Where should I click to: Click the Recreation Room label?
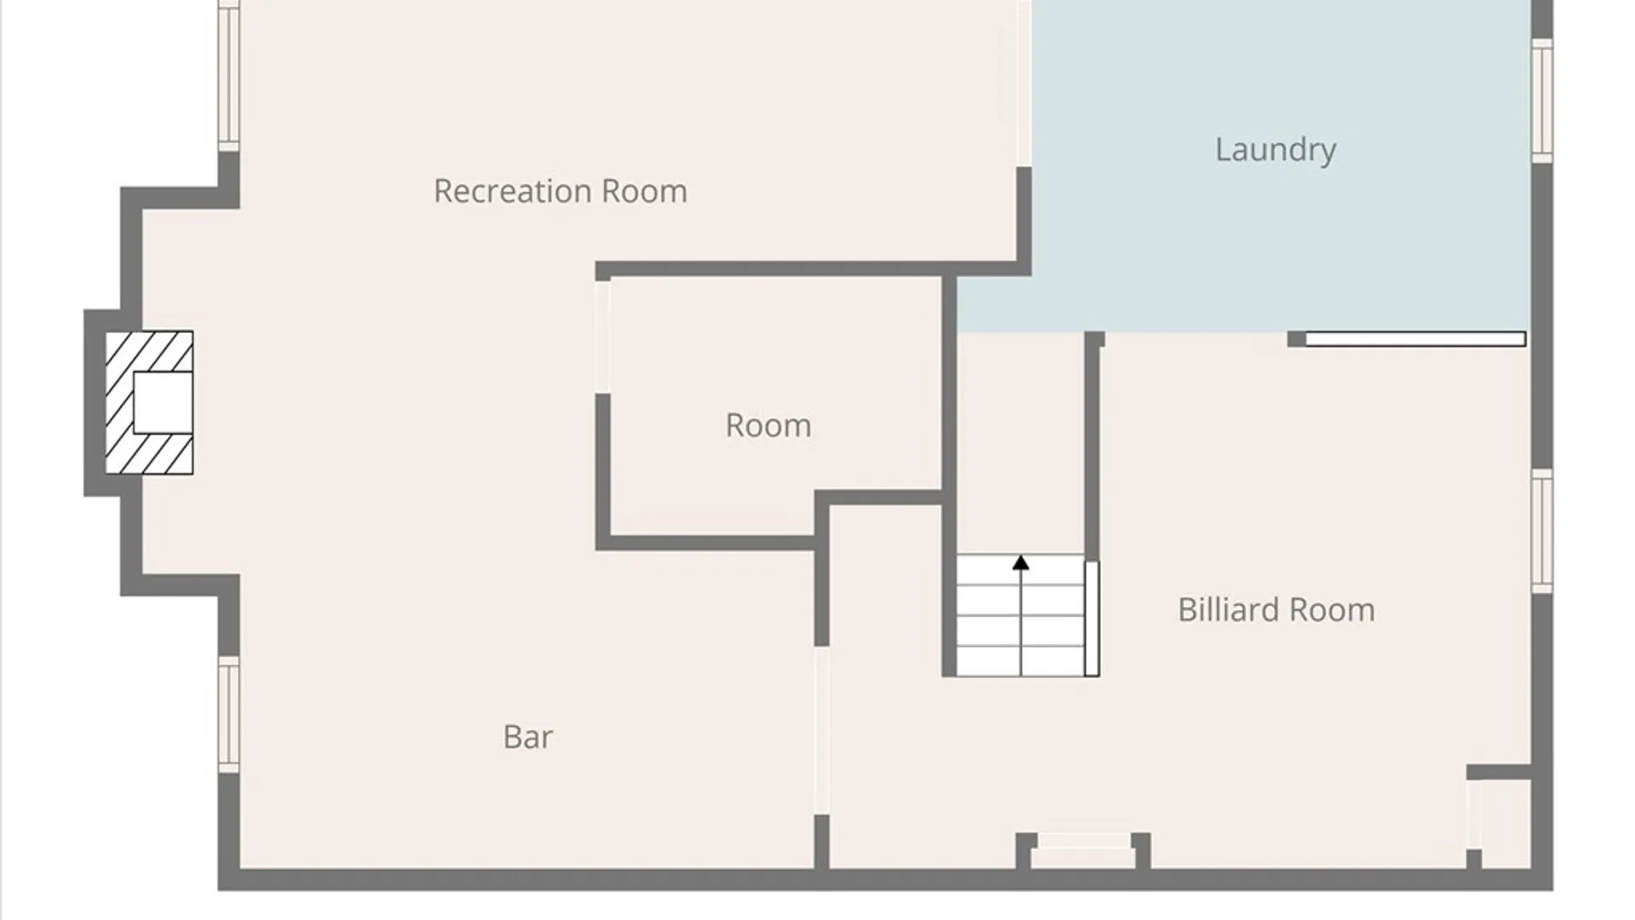coord(560,191)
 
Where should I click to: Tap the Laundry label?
coord(1276,150)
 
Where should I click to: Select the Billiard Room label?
coord(1276,610)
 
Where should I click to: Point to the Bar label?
coord(528,737)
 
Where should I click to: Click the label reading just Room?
coord(768,425)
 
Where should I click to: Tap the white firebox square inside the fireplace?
coord(163,402)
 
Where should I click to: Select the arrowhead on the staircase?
coord(1021,562)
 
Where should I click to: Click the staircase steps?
coord(1020,615)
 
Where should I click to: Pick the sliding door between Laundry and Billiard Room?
coord(1415,339)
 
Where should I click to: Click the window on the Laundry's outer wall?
coord(1542,101)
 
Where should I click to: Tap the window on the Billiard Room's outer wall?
coord(1542,531)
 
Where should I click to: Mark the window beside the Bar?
coord(228,715)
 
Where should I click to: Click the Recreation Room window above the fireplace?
coord(228,76)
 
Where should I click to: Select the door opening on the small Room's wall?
coord(602,336)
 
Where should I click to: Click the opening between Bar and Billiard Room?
coord(821,731)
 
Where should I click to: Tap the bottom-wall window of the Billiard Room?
coord(1084,841)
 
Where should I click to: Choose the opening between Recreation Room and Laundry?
coord(1024,83)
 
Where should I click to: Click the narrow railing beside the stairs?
coord(1092,618)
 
